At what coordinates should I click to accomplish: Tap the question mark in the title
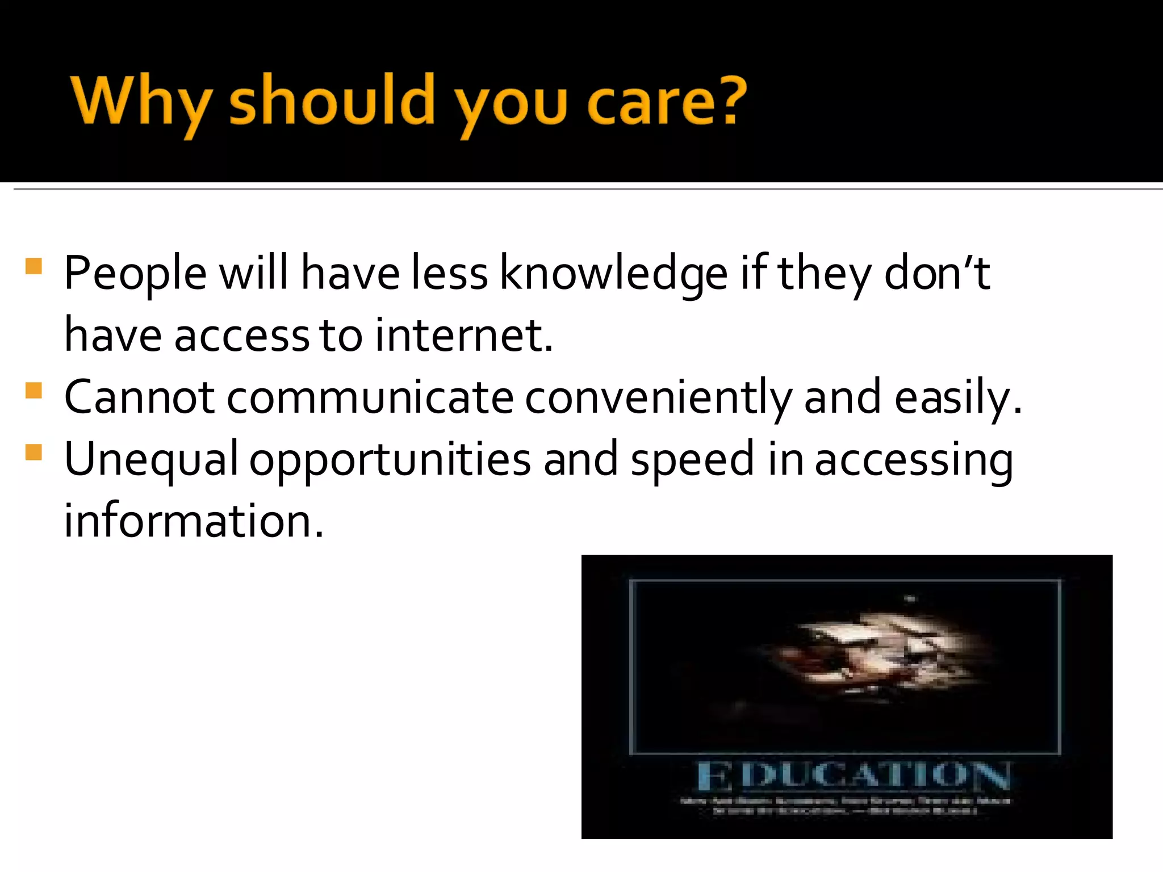727,101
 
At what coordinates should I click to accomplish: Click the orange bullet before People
34,267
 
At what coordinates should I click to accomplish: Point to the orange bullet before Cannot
34,391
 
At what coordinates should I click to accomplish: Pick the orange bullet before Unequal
34,452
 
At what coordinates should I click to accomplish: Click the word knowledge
613,275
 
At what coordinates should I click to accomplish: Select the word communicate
370,397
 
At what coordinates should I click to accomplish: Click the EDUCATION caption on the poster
853,776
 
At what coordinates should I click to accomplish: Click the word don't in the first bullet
937,274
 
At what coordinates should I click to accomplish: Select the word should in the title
332,102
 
